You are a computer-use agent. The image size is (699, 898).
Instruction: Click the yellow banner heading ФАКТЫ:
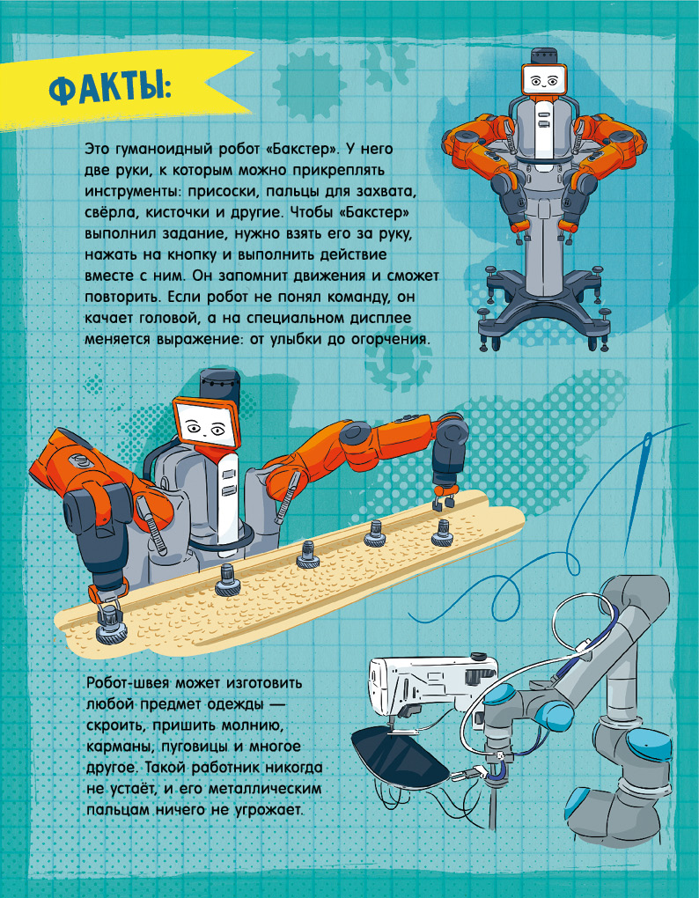(108, 89)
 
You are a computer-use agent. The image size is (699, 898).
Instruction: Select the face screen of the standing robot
(544, 78)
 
